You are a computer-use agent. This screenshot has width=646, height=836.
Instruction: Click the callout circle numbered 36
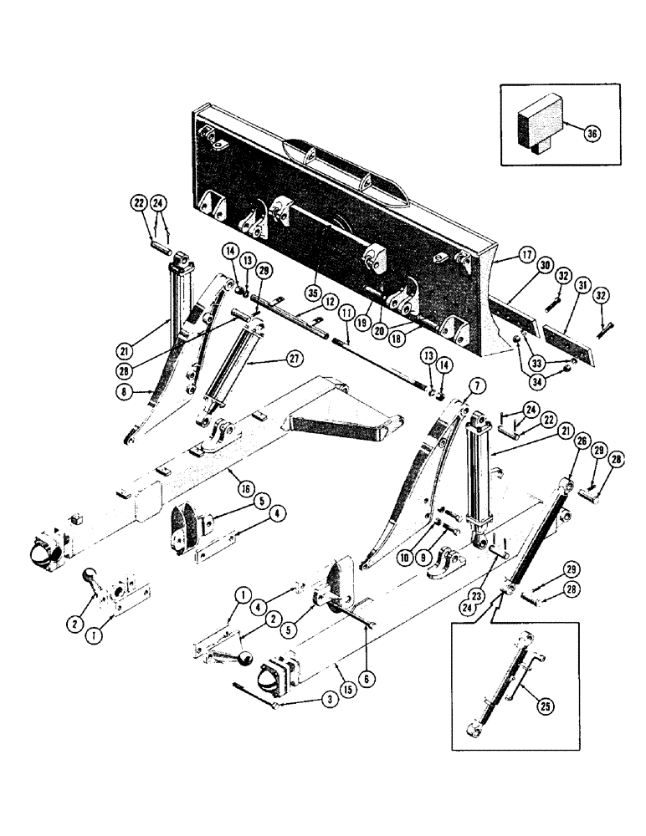coord(592,133)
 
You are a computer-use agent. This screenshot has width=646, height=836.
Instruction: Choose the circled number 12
coord(331,300)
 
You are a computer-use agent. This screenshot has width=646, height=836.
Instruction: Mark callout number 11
coord(344,312)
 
